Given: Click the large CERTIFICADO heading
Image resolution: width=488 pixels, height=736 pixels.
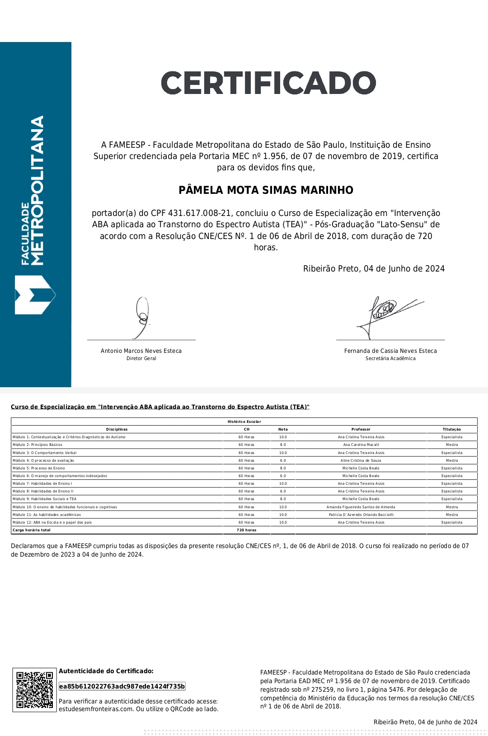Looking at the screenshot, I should tap(268, 83).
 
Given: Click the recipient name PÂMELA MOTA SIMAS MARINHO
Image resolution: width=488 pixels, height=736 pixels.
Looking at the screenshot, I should tap(266, 190).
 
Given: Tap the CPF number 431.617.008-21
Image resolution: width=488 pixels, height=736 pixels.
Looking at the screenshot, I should tap(200, 213).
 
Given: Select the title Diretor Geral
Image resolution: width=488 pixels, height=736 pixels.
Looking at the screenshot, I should tap(141, 359).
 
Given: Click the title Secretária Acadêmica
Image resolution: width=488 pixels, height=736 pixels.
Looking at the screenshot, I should tap(390, 359).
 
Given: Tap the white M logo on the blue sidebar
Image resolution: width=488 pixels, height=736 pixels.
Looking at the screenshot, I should tap(35, 295).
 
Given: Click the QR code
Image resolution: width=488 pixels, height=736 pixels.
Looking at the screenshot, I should tap(35, 690).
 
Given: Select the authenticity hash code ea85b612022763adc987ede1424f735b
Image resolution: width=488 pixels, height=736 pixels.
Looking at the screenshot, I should tap(122, 687).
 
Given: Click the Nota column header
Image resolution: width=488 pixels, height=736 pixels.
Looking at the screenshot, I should tap(283, 430).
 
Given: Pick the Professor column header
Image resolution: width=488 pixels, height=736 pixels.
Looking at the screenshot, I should tap(361, 430).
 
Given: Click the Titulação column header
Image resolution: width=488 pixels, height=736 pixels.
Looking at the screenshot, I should tap(452, 430).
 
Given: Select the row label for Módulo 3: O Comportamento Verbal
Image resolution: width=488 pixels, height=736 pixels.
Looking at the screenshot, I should tap(45, 453).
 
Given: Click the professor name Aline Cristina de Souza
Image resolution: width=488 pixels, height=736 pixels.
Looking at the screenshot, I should tap(361, 460).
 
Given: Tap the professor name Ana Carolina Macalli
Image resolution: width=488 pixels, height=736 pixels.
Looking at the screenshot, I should tap(361, 445).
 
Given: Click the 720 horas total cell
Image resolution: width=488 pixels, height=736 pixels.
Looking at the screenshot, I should tap(247, 530).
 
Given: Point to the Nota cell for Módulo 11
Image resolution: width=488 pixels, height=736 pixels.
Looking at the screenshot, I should tap(283, 515).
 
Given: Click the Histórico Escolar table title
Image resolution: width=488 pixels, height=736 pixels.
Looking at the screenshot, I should tap(244, 422).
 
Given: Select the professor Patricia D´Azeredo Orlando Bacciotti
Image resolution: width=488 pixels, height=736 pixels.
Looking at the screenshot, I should tap(361, 515).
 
